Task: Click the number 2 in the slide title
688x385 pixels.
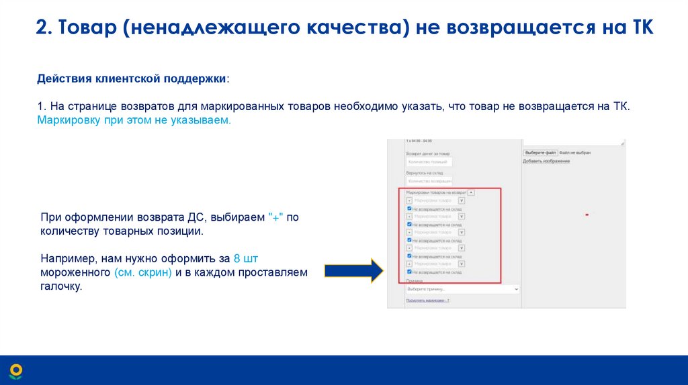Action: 42,28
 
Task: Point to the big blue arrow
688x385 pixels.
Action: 353,271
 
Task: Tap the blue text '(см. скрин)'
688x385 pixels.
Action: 143,272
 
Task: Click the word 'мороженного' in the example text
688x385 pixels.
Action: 75,272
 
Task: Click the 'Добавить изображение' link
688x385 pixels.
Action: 546,161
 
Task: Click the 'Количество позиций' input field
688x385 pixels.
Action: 429,162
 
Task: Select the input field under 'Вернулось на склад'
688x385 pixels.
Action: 429,180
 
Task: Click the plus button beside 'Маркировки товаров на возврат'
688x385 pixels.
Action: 471,192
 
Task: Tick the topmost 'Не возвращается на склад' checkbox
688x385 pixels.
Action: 409,209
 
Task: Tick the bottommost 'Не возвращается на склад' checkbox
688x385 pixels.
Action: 409,272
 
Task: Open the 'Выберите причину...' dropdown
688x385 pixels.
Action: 462,288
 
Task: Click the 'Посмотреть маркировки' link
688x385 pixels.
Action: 427,300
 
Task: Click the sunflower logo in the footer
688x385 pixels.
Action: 15,370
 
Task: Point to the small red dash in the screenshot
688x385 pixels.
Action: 587,214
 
